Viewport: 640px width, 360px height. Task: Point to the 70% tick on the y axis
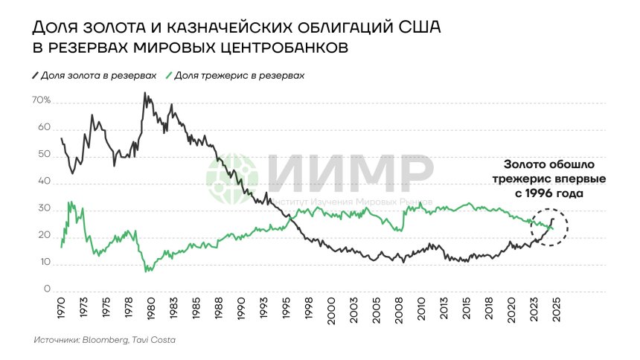pyautogui.click(x=40, y=100)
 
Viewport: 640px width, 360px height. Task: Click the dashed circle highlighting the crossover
pyautogui.click(x=550, y=227)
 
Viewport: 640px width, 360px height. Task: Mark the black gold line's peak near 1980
pyautogui.click(x=144, y=94)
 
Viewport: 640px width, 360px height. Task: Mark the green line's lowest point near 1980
pyautogui.click(x=147, y=271)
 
